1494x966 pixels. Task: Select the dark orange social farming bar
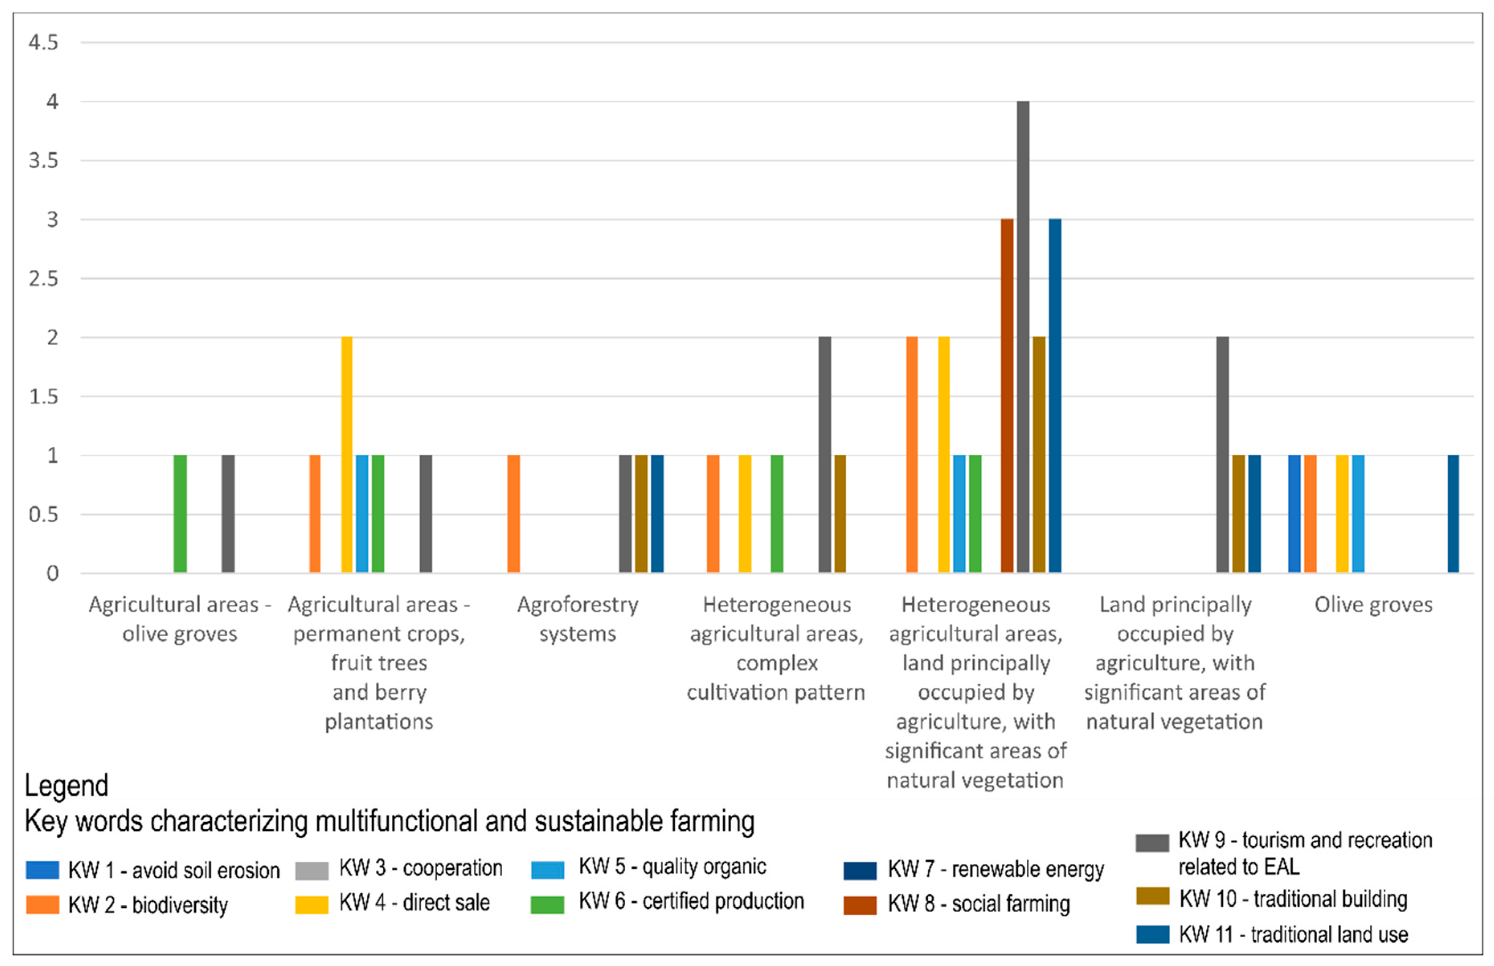[1007, 395]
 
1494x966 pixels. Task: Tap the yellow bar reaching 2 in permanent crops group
[346, 454]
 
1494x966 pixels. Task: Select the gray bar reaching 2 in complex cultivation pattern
[825, 454]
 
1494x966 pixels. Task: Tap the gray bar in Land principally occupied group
[1222, 454]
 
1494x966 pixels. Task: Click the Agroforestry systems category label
[577, 619]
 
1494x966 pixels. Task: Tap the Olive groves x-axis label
[1373, 605]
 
